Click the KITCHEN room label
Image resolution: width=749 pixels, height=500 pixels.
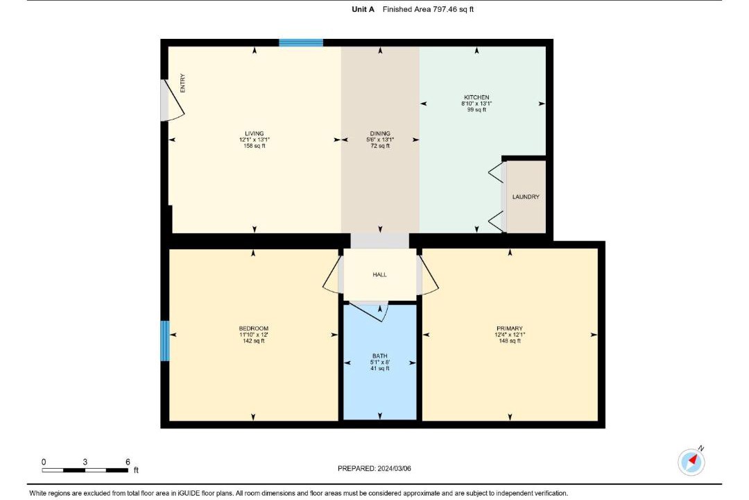click(476, 97)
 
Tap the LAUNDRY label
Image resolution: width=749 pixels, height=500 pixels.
click(526, 197)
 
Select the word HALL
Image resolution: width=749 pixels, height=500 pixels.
click(380, 274)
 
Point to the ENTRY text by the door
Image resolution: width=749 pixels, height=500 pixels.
click(182, 83)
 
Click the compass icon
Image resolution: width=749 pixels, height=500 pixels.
click(691, 462)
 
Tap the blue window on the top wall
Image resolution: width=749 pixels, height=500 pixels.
click(301, 43)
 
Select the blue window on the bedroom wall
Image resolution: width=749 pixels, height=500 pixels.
click(165, 341)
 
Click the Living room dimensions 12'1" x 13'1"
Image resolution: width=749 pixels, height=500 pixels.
click(254, 140)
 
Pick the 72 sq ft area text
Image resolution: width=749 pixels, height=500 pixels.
click(380, 146)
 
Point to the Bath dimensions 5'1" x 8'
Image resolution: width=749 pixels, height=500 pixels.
click(380, 362)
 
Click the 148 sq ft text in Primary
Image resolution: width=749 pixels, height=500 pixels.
click(510, 341)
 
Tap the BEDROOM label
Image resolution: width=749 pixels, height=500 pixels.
click(254, 328)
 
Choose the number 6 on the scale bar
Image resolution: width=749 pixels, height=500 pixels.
click(128, 462)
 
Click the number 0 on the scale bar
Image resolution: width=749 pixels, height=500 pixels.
click(44, 462)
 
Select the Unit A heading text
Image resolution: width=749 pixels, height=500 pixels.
click(363, 9)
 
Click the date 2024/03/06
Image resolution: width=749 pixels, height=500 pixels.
click(394, 469)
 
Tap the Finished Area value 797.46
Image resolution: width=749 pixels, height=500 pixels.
click(445, 9)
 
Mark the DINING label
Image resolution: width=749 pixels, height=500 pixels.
click(380, 133)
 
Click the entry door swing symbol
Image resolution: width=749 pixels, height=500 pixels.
click(172, 99)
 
